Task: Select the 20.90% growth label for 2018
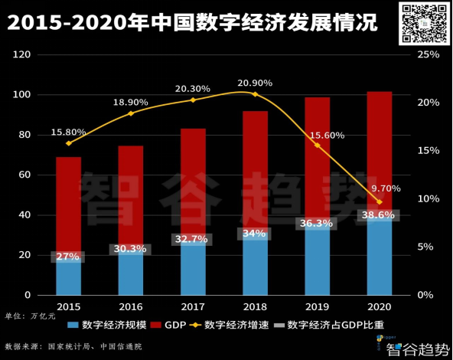tap(255, 83)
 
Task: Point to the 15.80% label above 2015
tap(69, 132)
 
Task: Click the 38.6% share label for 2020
tap(379, 216)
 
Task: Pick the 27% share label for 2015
tap(69, 256)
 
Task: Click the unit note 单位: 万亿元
tap(31, 316)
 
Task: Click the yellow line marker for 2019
tap(317, 145)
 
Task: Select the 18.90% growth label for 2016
tap(131, 102)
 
